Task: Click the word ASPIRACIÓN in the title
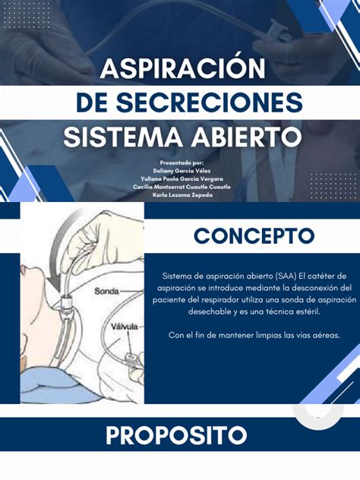183,69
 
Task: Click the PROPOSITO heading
176,435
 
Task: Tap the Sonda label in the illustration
107,291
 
